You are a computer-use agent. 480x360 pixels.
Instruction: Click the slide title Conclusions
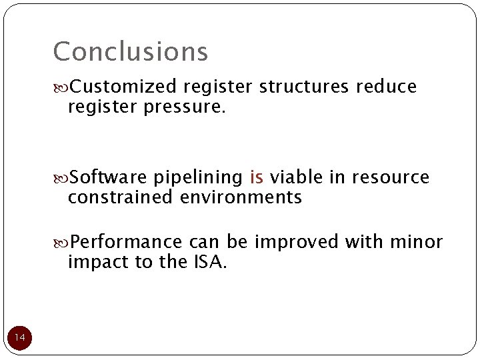pos(131,51)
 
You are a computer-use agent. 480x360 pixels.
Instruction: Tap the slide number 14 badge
pos(20,339)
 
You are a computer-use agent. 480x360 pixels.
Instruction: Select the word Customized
pos(123,87)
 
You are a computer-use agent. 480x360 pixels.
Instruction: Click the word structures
pos(305,87)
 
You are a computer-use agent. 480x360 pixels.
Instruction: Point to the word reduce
pos(387,87)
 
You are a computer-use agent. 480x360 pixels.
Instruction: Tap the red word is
pos(256,177)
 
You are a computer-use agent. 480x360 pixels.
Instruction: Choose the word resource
pos(391,177)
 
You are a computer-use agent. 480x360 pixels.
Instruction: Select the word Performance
pos(127,241)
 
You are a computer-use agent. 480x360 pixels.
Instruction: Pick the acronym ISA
pos(210,262)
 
